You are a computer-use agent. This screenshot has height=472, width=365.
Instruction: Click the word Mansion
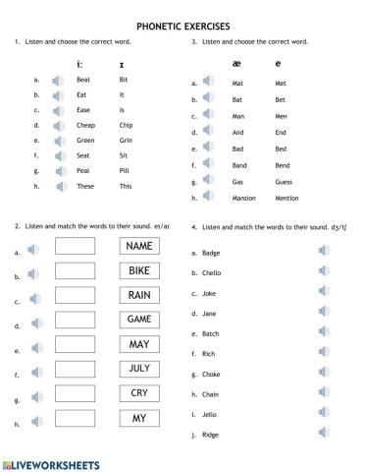(x=245, y=198)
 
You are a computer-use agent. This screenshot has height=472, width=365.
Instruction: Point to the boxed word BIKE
(x=139, y=270)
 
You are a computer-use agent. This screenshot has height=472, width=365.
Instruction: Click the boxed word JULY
(x=139, y=369)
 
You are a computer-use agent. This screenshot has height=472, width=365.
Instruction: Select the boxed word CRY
(x=139, y=393)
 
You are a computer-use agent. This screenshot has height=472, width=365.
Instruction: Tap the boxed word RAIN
(x=139, y=295)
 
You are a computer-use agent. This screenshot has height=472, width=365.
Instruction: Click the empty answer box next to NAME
(x=76, y=246)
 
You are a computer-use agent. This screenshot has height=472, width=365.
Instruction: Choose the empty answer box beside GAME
(x=76, y=320)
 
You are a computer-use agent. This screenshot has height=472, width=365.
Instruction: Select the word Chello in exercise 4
(x=211, y=275)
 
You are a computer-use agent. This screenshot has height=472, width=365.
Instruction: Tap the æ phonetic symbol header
(x=236, y=64)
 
